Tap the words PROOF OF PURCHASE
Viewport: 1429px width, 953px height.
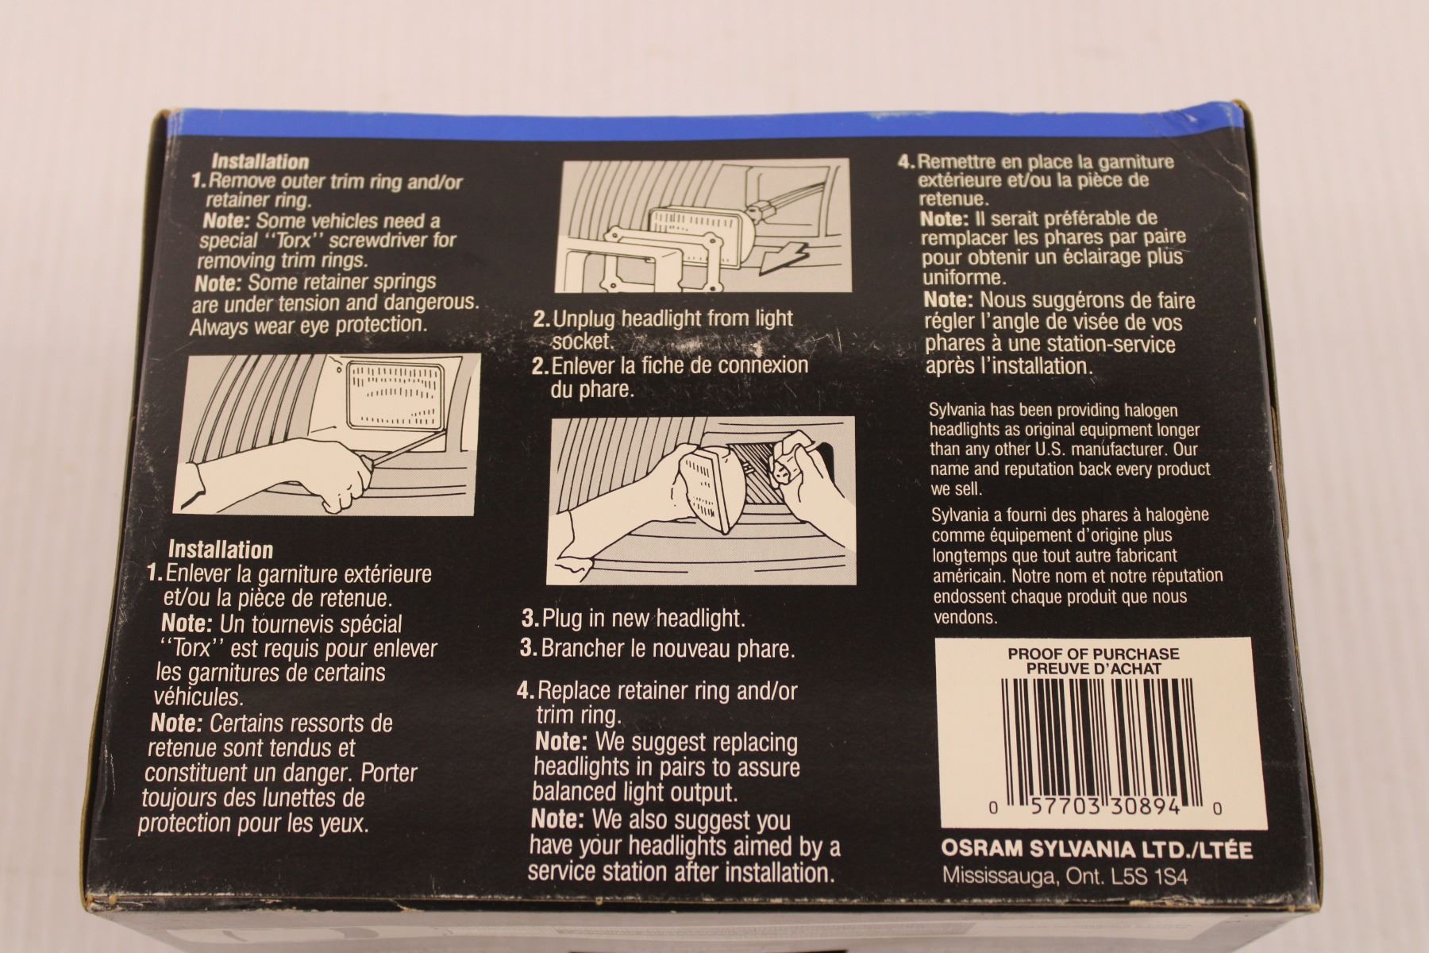tap(1093, 654)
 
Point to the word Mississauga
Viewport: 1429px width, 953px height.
tap(997, 876)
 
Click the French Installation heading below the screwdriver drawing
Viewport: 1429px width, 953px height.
tap(221, 550)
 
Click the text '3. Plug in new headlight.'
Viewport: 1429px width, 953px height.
tap(634, 617)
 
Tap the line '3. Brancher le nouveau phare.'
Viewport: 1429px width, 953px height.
tap(657, 648)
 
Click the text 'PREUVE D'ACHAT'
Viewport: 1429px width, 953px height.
tap(1093, 669)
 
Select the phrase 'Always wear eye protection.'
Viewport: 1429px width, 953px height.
tap(309, 326)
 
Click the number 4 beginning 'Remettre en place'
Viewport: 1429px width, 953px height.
tap(903, 162)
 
